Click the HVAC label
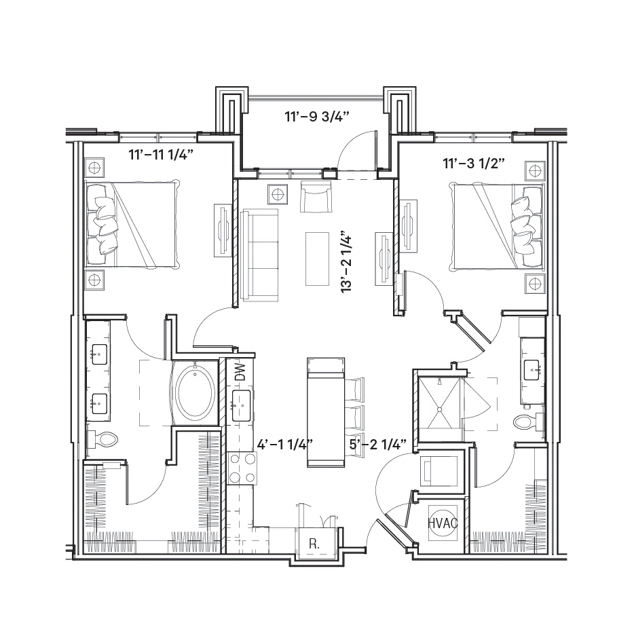pos(443,523)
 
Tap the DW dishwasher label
pos(240,372)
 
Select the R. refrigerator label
pos(314,544)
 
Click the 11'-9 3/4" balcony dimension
pos(316,117)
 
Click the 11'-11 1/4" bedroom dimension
pos(161,155)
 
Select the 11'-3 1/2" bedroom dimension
pos(474,164)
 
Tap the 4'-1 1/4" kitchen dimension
pos(286,445)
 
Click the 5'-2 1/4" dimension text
pos(377,445)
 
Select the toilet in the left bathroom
pos(102,439)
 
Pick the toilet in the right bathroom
pos(529,423)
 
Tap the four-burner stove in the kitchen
pos(242,468)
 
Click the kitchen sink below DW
pos(242,405)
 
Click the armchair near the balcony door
pos(316,196)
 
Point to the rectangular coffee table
pos(318,259)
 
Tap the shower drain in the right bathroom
pos(439,409)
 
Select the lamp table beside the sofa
pos(278,195)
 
